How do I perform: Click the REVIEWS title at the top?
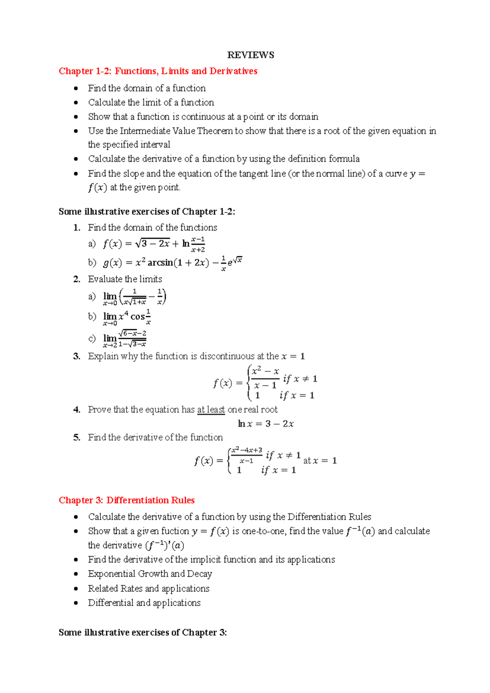click(x=250, y=55)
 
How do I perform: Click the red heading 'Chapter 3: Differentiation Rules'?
click(x=127, y=500)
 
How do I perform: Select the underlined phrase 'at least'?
click(x=211, y=409)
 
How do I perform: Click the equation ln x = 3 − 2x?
click(x=266, y=424)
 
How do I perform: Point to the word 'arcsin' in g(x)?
click(x=160, y=263)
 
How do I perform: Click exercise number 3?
click(x=77, y=356)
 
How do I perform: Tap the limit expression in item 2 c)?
click(x=125, y=339)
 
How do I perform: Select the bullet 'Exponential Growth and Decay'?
click(x=150, y=574)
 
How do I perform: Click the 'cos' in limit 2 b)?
click(x=138, y=317)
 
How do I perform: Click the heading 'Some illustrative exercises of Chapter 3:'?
click(x=143, y=633)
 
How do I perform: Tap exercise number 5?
click(x=77, y=438)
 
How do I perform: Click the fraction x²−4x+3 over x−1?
click(x=247, y=455)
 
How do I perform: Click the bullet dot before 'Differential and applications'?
click(x=76, y=603)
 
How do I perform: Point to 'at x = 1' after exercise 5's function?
click(x=320, y=461)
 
